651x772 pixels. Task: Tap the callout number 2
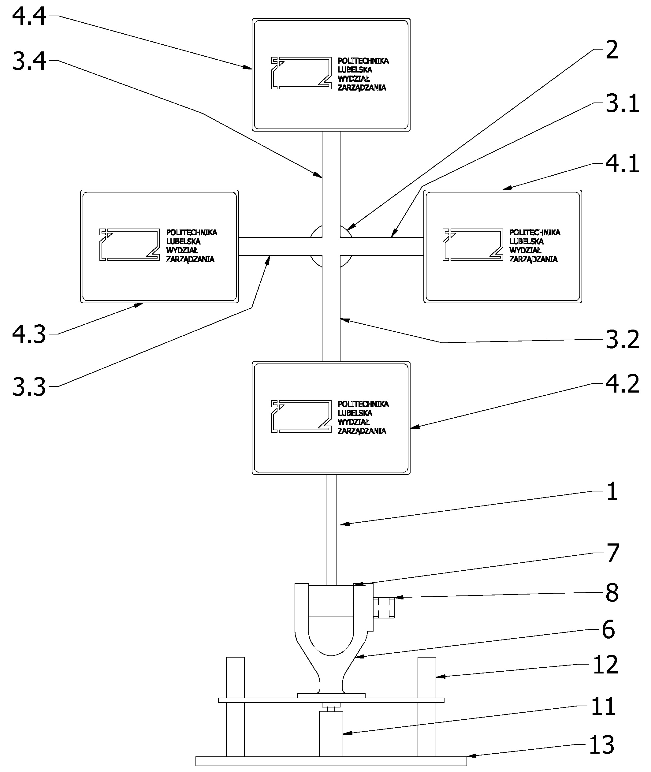click(x=612, y=50)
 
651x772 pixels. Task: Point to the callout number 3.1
click(x=622, y=104)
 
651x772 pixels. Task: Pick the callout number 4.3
click(x=29, y=334)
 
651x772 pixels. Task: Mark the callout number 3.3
click(x=29, y=387)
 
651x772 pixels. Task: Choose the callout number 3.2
click(x=622, y=340)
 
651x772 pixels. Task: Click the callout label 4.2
click(x=622, y=384)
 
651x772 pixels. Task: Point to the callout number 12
click(x=605, y=665)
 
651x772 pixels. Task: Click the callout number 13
click(x=601, y=745)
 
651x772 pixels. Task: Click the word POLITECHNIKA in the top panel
click(x=363, y=61)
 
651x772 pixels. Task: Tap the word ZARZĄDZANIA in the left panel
click(x=190, y=259)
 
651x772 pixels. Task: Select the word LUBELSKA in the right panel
click(x=526, y=241)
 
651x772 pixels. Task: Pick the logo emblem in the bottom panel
click(x=301, y=416)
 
